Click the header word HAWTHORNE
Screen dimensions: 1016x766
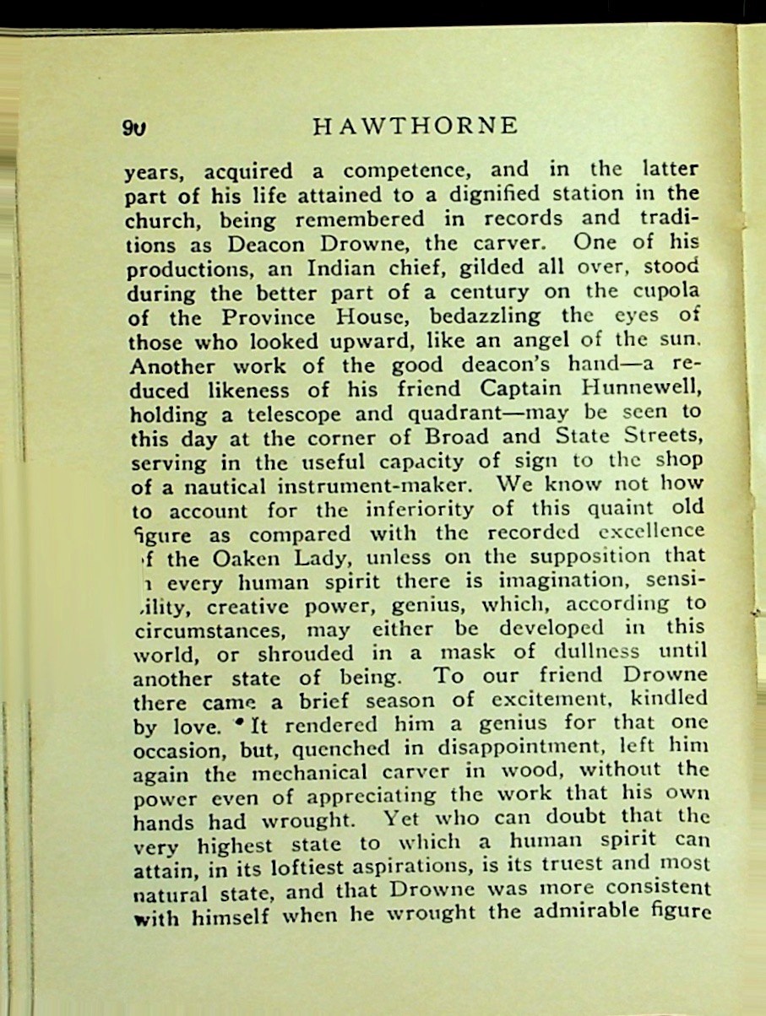coord(415,127)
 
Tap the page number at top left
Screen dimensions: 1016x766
coord(134,128)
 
